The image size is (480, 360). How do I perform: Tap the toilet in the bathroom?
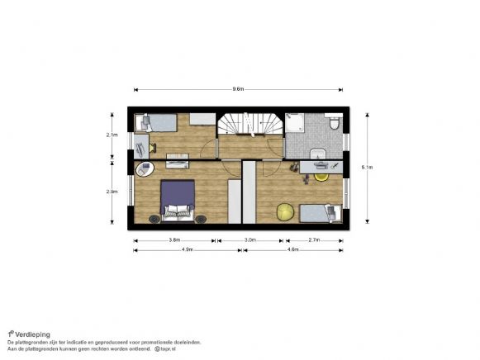coord(334,123)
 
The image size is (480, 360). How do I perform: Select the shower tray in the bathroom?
coord(298,125)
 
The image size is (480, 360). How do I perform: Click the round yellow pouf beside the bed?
coord(285,211)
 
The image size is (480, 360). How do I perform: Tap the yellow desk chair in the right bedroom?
coord(321,174)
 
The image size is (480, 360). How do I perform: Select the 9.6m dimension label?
coord(238,88)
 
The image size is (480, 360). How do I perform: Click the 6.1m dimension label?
coord(367,168)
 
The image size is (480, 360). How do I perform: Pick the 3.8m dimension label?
coord(174,239)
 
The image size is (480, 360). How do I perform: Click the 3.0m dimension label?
coord(250,239)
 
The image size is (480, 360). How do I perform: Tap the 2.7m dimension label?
coord(314,239)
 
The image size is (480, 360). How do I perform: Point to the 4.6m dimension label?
coord(293,249)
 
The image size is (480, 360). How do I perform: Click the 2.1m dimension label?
coord(112,134)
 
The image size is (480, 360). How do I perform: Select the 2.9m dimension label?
coord(112,192)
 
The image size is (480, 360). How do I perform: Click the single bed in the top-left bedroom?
coord(159,123)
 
